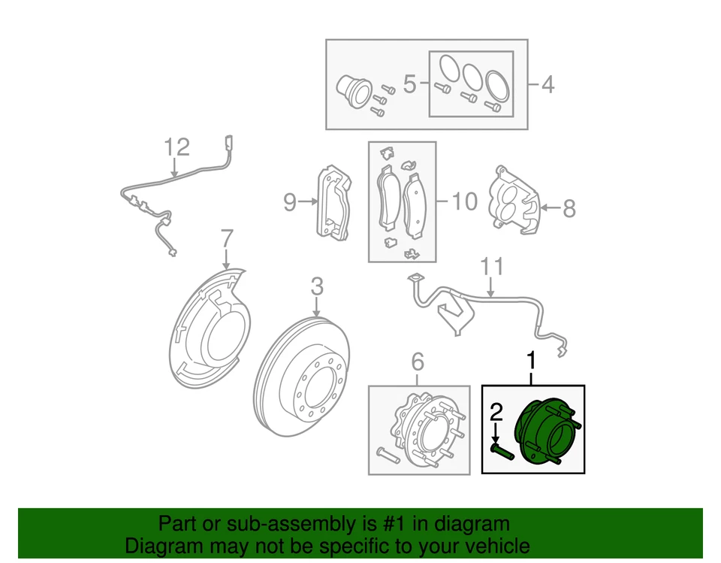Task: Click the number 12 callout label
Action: [x=177, y=147]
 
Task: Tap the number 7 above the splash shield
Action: [x=227, y=241]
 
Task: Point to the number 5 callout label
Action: [x=409, y=84]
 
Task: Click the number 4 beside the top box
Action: [x=548, y=84]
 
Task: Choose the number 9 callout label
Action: [x=290, y=201]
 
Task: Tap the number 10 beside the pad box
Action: [x=464, y=201]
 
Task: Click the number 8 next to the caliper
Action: [x=569, y=208]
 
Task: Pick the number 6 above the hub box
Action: [x=418, y=363]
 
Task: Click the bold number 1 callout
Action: [x=532, y=362]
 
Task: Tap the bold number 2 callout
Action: [x=495, y=411]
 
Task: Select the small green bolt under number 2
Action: [x=499, y=450]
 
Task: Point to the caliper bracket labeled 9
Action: [x=333, y=203]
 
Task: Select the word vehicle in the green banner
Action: [x=493, y=546]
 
